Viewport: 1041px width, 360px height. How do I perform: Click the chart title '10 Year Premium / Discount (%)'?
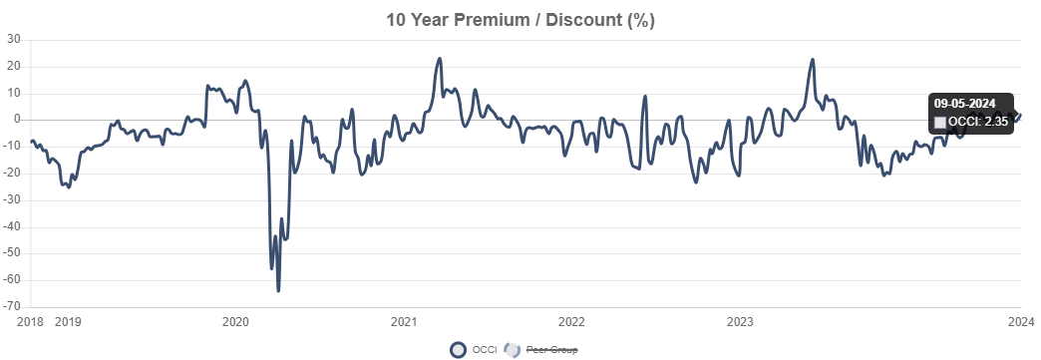coord(520,20)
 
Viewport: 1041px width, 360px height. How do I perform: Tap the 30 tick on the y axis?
coord(14,39)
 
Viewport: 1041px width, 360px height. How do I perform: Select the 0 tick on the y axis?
coord(18,120)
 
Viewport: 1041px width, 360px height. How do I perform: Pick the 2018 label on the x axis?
coord(31,322)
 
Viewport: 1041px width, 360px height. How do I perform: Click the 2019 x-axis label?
coord(68,322)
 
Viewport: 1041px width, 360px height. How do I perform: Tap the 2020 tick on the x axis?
coord(235,322)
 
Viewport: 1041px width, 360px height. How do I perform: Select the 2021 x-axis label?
coord(404,322)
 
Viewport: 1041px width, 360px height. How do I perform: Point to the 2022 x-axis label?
coord(571,322)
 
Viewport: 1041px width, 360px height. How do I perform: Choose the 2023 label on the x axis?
coord(740,322)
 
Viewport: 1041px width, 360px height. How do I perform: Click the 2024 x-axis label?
coord(1020,322)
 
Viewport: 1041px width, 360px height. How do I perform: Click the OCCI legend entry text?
coord(484,349)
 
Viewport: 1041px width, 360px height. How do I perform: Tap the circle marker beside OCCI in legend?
coord(458,349)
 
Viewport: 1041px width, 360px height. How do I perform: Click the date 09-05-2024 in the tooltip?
coord(963,103)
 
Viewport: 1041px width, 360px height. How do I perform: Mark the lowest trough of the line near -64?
coord(278,290)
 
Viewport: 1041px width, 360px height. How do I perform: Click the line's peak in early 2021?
coord(440,58)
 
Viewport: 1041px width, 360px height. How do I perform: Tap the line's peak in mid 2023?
coord(813,59)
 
